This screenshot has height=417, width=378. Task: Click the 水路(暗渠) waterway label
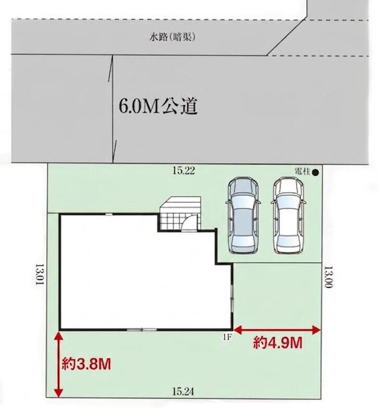173,38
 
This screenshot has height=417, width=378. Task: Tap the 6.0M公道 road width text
158,106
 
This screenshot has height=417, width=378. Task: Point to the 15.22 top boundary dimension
184,170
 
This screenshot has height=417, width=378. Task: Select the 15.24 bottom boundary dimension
183,391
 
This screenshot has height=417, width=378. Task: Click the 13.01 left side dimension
40,274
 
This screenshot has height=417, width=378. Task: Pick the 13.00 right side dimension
329,277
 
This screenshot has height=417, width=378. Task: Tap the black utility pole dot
315,173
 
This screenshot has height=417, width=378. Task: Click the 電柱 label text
303,171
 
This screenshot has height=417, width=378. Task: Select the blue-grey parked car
243,215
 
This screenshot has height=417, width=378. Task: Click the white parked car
288,215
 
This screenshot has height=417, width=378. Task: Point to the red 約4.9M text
277,343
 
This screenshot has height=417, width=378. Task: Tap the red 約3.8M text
86,364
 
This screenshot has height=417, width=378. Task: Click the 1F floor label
227,337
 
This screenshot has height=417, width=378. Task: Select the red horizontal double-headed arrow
277,330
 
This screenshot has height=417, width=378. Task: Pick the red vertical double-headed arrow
58,364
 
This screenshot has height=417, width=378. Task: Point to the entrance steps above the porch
180,205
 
